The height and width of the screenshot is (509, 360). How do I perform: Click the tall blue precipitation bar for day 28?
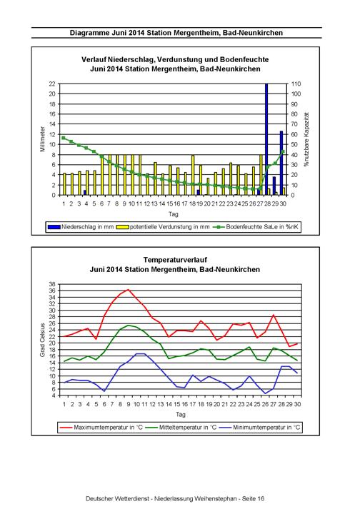[266, 139]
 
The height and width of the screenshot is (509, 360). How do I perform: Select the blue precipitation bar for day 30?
[281, 163]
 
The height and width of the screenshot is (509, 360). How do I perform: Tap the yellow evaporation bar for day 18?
[193, 175]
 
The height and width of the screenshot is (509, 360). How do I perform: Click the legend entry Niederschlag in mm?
[81, 227]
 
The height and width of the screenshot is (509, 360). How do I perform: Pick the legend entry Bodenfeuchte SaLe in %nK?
[256, 227]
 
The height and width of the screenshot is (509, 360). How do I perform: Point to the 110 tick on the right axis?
[296, 84]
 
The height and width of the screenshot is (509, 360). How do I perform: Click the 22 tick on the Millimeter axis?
[52, 84]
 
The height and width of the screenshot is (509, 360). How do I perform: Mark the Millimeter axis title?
[42, 139]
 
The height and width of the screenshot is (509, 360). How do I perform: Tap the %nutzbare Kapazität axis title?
[306, 139]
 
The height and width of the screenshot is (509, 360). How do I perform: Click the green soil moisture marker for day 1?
[64, 138]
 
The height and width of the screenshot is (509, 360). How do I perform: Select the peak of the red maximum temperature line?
[129, 290]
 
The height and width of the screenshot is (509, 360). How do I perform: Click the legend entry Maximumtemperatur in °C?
[101, 427]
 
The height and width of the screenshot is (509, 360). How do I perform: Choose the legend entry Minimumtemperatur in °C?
[260, 427]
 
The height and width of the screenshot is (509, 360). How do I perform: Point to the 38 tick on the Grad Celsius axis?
[52, 284]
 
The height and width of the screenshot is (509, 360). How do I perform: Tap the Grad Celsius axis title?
[42, 340]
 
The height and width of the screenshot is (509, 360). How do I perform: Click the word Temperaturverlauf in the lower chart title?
[175, 260]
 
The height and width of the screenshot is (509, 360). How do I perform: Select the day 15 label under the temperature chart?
[176, 404]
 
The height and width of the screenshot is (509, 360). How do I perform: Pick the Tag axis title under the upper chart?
[173, 214]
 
